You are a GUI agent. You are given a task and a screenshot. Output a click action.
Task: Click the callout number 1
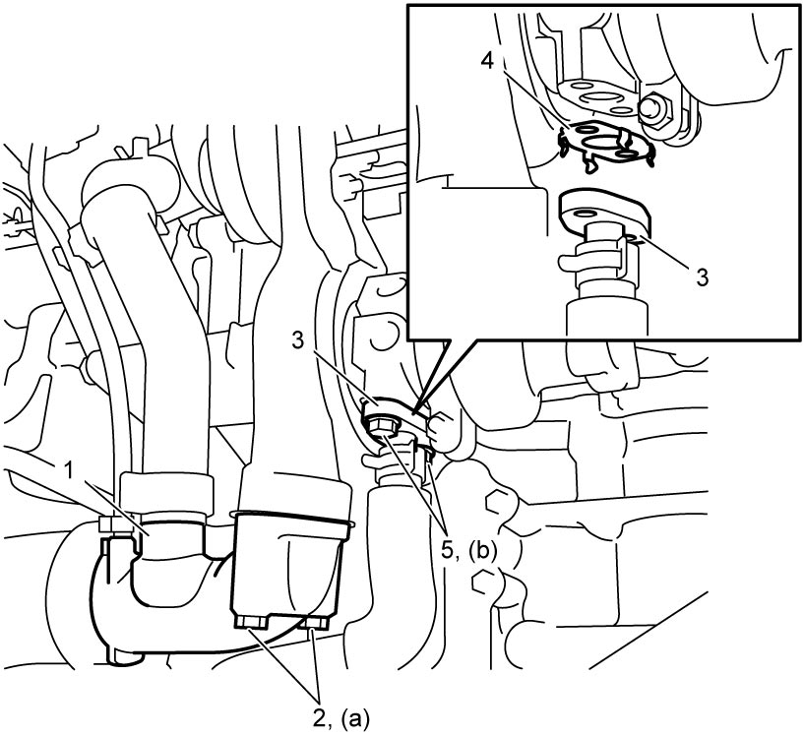tap(67, 470)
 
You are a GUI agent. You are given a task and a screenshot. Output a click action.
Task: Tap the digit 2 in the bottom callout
tap(320, 719)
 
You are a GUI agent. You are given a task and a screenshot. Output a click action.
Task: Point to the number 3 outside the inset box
tap(299, 340)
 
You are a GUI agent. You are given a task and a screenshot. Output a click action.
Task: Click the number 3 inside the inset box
tap(702, 277)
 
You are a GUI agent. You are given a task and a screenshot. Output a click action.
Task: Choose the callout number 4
tap(488, 61)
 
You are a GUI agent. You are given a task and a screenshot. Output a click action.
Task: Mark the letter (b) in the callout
tap(481, 551)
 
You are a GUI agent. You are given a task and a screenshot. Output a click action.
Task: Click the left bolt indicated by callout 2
tap(251, 622)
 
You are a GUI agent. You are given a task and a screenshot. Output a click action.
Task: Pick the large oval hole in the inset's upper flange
tap(598, 98)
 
